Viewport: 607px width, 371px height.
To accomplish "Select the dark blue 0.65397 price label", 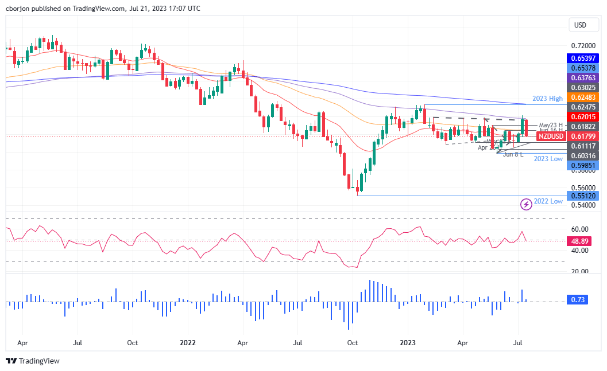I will [582, 58].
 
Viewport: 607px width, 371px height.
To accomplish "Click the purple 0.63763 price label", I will [582, 77].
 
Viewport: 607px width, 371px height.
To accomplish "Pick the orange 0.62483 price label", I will [582, 97].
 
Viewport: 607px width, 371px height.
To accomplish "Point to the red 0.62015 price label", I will [582, 116].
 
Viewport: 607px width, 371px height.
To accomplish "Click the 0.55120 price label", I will [582, 196].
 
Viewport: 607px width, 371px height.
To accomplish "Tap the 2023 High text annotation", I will [547, 99].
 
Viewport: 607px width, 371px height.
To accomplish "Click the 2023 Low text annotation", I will [547, 158].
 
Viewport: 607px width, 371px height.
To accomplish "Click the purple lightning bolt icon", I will [525, 204].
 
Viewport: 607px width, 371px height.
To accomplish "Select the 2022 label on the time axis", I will [187, 343].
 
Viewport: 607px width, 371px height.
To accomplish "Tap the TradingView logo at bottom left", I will [32, 361].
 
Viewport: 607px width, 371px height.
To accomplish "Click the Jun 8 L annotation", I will [513, 154].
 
